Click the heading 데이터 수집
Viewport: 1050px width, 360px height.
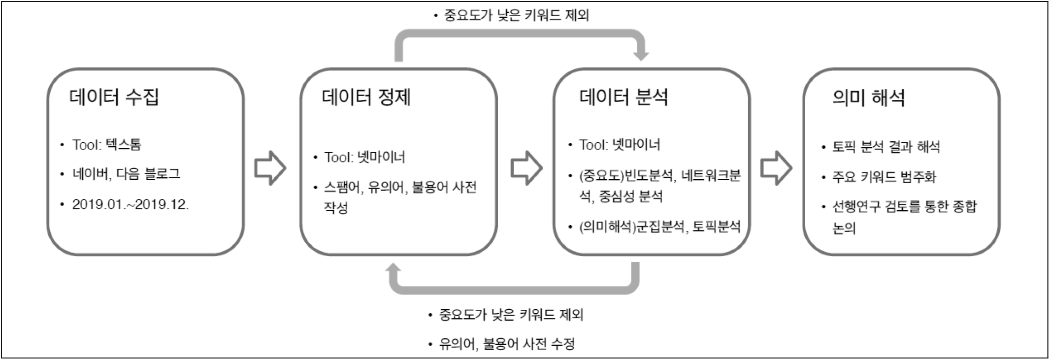pyautogui.click(x=114, y=97)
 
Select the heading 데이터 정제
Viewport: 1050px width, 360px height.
pyautogui.click(x=366, y=97)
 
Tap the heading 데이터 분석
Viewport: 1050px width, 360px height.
pyautogui.click(x=623, y=97)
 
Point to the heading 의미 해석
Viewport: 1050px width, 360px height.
pyautogui.click(x=868, y=98)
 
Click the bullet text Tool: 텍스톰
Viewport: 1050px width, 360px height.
pyautogui.click(x=107, y=145)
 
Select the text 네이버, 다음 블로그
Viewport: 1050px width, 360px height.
pyautogui.click(x=126, y=174)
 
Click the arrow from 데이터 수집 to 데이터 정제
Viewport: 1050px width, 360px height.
pyautogui.click(x=270, y=168)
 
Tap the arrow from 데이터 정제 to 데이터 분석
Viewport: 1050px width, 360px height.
pyautogui.click(x=526, y=168)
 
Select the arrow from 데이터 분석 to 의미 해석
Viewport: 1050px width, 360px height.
pyautogui.click(x=776, y=168)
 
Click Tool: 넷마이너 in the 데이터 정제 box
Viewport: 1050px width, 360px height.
pyautogui.click(x=364, y=158)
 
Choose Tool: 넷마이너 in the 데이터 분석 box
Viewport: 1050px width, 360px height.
pyautogui.click(x=620, y=145)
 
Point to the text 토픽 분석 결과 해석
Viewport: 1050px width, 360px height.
pyautogui.click(x=886, y=147)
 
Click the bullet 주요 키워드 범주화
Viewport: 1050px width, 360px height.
pyautogui.click(x=884, y=177)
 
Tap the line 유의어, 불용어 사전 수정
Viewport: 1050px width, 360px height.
pyautogui.click(x=507, y=344)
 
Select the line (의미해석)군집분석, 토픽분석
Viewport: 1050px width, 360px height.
pyautogui.click(x=659, y=227)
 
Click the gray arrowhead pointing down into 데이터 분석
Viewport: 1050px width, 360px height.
pyautogui.click(x=640, y=54)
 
